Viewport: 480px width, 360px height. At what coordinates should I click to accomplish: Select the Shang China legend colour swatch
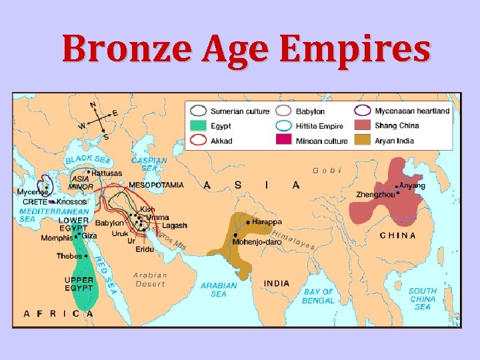(x=362, y=125)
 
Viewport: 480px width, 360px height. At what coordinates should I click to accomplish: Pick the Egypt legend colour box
(x=199, y=125)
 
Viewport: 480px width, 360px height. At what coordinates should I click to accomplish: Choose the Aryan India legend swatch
(x=362, y=140)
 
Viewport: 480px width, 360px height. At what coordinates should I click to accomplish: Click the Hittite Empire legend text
(x=319, y=125)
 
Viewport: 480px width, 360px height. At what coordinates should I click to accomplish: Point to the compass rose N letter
(x=93, y=105)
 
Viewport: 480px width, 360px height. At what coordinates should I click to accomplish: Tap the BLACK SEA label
(x=87, y=159)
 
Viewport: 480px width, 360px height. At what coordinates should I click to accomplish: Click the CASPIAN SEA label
(x=149, y=164)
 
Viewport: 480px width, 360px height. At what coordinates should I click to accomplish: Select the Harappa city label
(x=267, y=221)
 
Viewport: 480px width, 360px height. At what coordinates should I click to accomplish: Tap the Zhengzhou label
(x=375, y=195)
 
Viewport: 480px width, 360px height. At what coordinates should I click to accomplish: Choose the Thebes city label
(x=69, y=255)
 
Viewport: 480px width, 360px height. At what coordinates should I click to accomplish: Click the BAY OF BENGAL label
(x=319, y=296)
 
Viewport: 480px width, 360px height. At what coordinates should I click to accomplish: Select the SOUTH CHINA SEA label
(x=423, y=299)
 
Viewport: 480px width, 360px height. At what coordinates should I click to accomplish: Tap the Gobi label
(x=327, y=171)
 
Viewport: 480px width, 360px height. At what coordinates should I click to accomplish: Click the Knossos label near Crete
(x=72, y=201)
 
